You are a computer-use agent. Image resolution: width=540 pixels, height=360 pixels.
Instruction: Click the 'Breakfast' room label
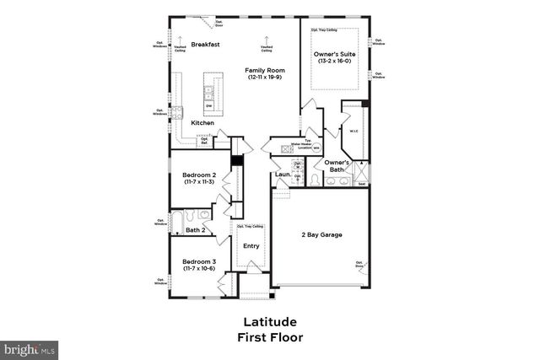(205, 44)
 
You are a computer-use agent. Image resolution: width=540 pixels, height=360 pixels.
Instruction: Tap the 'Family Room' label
(263, 69)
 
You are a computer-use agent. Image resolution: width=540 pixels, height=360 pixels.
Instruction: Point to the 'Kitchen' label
(202, 123)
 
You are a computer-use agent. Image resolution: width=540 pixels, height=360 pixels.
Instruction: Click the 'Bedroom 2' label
(199, 174)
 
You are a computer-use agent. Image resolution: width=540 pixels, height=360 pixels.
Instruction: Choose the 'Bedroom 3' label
(199, 261)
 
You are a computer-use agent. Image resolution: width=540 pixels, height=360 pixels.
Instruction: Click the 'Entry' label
(251, 246)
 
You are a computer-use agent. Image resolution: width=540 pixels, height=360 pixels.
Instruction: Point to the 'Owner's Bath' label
(337, 165)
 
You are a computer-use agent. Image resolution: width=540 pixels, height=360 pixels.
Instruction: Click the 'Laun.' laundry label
(283, 175)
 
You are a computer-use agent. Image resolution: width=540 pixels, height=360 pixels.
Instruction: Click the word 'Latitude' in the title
(269, 322)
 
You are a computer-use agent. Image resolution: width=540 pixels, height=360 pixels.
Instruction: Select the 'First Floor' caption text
(269, 337)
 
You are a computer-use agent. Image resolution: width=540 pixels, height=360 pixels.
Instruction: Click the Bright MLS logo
(30, 347)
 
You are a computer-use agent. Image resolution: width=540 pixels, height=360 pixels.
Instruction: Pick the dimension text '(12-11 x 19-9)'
(263, 78)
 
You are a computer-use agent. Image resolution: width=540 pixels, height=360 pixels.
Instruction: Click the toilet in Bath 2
(202, 214)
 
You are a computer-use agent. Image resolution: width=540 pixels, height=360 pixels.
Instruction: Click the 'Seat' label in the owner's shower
(362, 184)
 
